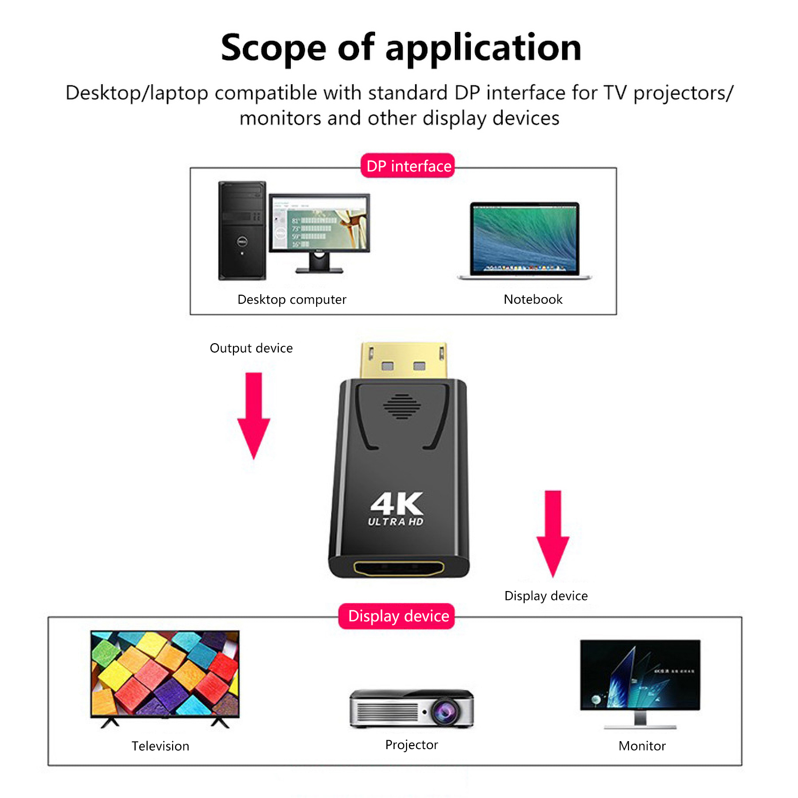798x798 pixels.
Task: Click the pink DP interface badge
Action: pos(408,166)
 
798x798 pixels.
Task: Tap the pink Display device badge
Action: pos(397,616)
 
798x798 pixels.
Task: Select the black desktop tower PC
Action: pos(242,230)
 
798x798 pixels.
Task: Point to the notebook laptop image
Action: pos(524,241)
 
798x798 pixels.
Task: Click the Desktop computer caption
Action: pos(292,299)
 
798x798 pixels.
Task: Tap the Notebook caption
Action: pos(533,299)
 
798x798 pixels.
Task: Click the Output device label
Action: pos(251,348)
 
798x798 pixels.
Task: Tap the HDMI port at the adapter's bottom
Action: pos(399,568)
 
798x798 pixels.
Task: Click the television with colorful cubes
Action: pos(165,674)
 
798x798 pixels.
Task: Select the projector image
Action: pos(411,708)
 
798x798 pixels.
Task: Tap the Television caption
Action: pos(160,746)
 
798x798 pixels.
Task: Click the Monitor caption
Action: pos(642,746)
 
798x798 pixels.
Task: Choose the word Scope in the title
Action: pos(273,48)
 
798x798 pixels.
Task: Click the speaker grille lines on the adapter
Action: pos(402,406)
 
